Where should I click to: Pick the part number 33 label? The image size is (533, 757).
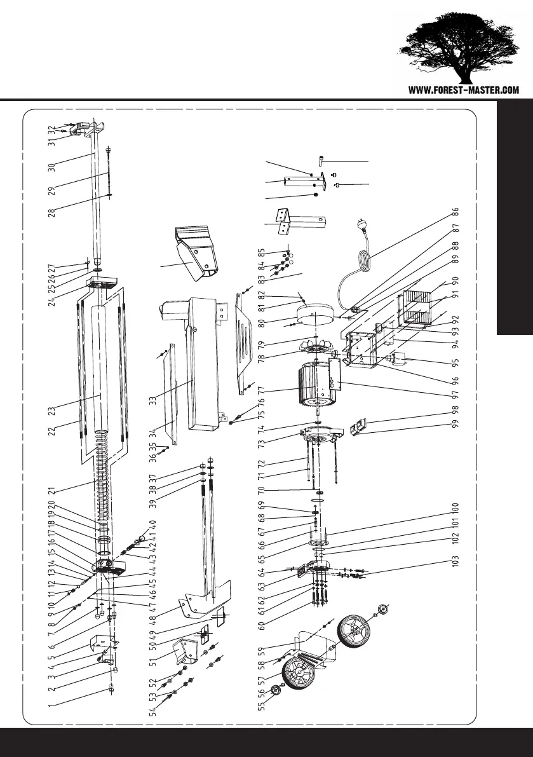(x=152, y=401)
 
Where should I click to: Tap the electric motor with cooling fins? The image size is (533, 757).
(x=315, y=385)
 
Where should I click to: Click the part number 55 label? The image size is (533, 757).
(x=260, y=706)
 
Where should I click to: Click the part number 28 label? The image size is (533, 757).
(x=51, y=210)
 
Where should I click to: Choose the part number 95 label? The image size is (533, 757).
(x=455, y=365)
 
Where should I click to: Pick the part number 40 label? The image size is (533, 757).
(x=152, y=525)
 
